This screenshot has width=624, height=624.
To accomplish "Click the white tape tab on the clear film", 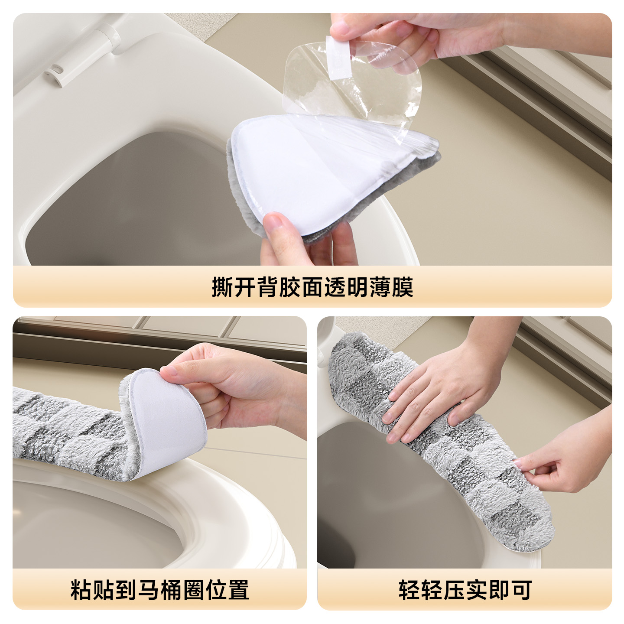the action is [339, 57].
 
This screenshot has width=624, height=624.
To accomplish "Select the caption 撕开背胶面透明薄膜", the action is [312, 287].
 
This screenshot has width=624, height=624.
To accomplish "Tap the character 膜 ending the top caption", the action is [403, 287].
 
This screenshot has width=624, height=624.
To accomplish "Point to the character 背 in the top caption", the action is [268, 287].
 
